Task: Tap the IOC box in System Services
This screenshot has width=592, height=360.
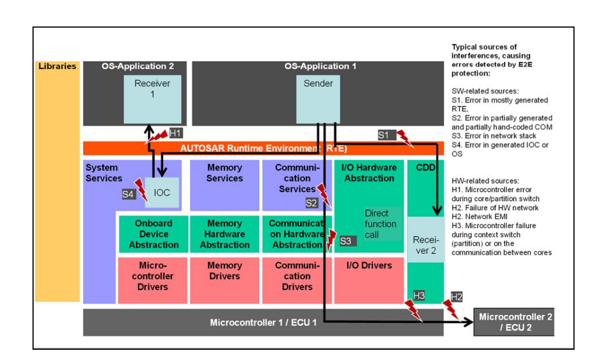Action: coord(162,193)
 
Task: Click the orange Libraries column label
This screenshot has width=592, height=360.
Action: coord(58,66)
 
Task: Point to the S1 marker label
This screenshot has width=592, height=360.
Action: coord(384,135)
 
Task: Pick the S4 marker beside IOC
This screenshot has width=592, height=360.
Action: coord(128,194)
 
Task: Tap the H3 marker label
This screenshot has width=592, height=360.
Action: coord(419,295)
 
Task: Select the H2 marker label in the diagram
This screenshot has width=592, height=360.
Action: coord(457,296)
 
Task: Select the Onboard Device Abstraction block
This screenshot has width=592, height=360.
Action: coord(153,234)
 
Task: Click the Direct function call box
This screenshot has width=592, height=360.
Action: coord(381,224)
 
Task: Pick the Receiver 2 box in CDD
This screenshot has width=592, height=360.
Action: coord(425,244)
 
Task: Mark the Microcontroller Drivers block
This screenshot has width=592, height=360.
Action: coord(153,278)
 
